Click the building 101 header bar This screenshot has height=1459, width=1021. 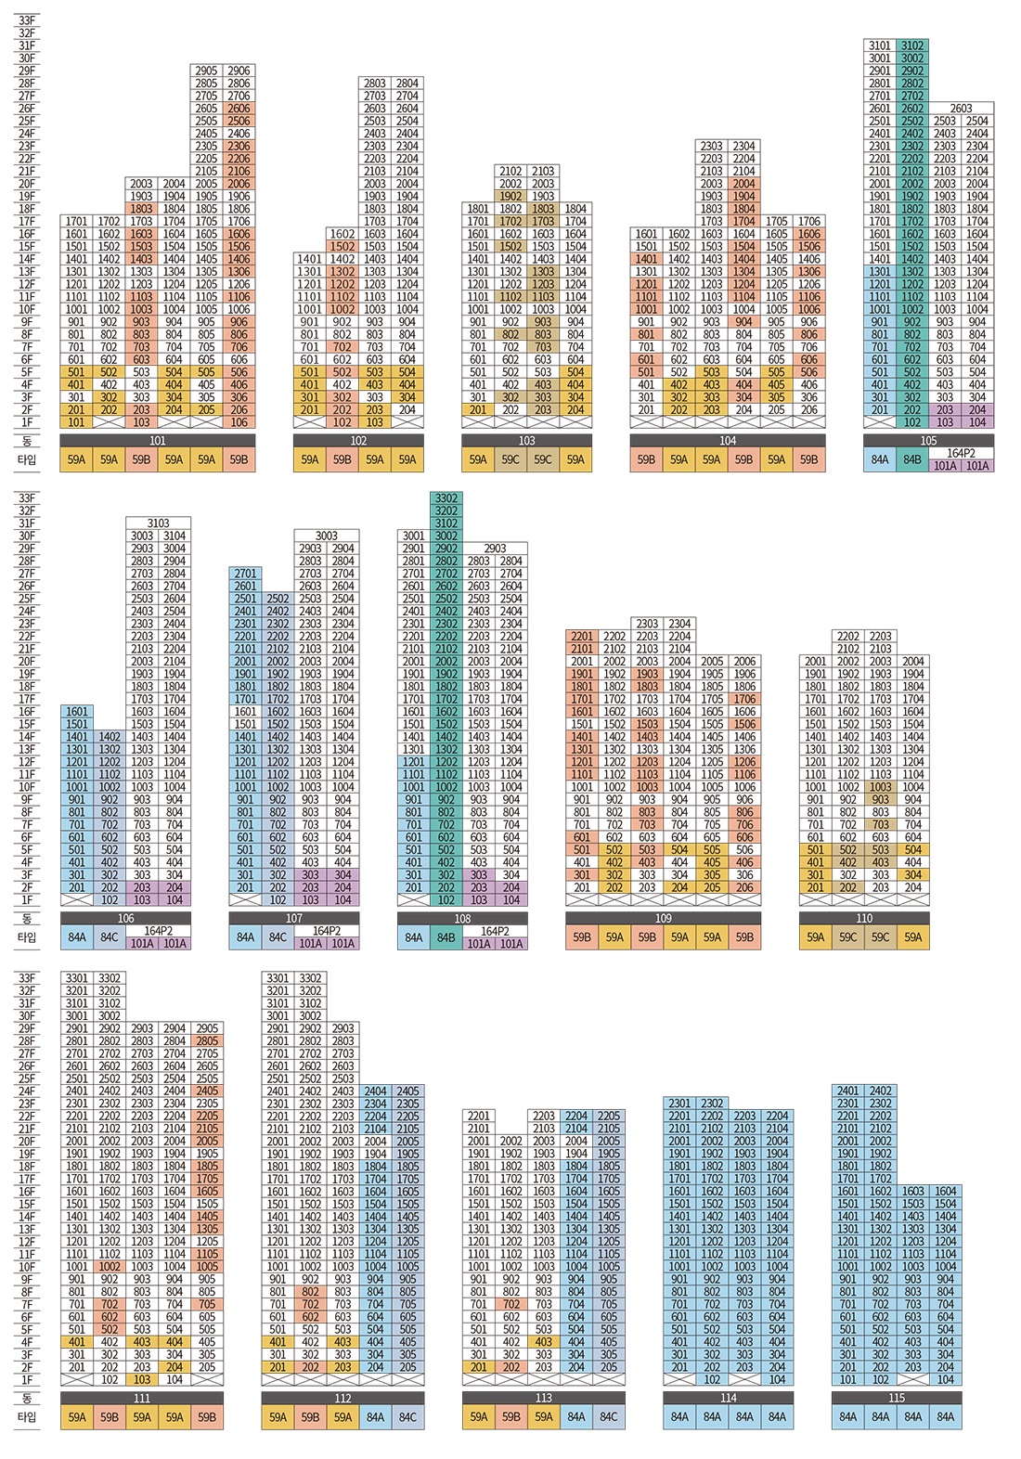pos(158,440)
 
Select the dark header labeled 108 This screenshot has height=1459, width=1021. pos(462,919)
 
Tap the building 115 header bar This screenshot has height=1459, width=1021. pos(897,1398)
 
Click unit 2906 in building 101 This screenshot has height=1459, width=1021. pos(239,71)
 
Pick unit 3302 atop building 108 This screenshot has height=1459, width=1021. pos(446,498)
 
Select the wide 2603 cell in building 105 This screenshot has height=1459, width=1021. pos(961,108)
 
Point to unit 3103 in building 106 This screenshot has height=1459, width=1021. pos(159,523)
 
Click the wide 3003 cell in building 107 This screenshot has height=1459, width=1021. pos(327,536)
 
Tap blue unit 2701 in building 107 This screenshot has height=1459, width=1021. pos(246,574)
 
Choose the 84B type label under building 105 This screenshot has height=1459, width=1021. pos(912,459)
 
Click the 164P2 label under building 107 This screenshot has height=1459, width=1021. pos(327,931)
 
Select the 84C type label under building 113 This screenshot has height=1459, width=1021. pos(609,1416)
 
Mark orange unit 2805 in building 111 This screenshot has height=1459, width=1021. pos(207,1040)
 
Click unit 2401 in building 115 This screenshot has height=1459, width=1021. pos(848,1091)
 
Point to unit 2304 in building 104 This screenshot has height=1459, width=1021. pos(744,146)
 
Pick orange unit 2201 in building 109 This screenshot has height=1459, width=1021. pos(582,636)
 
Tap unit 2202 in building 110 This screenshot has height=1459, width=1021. pos(848,636)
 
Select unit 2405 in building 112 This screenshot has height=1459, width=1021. pos(407,1091)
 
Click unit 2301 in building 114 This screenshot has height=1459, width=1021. pos(679,1104)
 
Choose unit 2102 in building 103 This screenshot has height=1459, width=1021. pos(510,171)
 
